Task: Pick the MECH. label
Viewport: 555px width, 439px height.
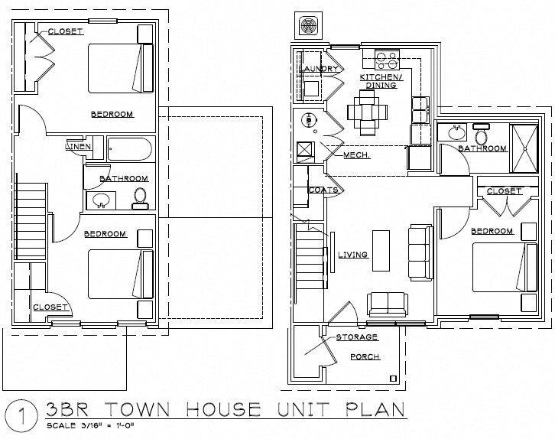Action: [x=356, y=155]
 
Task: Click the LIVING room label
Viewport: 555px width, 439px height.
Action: [x=352, y=255]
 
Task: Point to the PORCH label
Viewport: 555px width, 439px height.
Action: [x=365, y=356]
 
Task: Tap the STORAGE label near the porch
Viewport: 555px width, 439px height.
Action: [x=357, y=337]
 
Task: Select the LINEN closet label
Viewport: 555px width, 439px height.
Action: [x=80, y=146]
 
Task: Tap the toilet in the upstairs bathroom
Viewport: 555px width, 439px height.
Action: [x=139, y=197]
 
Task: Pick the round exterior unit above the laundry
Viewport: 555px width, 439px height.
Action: [x=310, y=26]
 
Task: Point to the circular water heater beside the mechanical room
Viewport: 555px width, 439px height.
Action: [x=309, y=119]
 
